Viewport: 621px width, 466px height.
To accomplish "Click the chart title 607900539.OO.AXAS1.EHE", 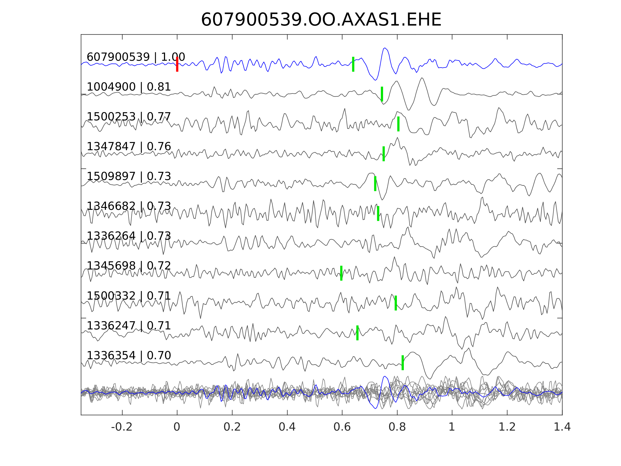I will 321,20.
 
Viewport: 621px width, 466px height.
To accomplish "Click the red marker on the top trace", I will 177,64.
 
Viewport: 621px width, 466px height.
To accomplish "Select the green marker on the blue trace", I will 353,64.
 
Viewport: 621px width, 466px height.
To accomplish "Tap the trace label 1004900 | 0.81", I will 129,87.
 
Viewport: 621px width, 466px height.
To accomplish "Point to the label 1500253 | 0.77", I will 129,117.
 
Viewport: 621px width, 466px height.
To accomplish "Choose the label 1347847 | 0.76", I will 129,147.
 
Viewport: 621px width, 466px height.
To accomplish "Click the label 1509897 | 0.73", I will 129,176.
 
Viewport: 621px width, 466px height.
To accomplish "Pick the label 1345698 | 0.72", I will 129,266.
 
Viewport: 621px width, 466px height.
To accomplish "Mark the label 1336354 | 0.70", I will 129,355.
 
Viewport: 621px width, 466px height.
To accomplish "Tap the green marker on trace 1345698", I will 341,273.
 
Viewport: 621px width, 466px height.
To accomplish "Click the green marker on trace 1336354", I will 402,363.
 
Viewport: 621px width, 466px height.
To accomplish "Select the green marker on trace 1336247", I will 357,333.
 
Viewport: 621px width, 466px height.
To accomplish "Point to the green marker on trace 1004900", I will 382,94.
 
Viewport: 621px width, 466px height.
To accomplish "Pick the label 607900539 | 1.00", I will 135,57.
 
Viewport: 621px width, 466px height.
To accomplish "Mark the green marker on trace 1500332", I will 396,303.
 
